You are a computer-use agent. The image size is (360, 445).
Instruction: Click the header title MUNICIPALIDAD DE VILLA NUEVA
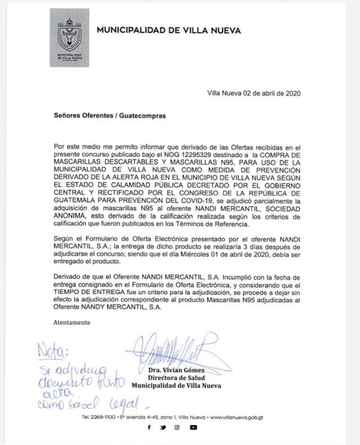(169, 30)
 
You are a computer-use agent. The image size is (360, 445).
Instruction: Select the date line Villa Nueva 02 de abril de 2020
(254, 93)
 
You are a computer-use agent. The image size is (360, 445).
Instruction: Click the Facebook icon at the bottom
(149, 428)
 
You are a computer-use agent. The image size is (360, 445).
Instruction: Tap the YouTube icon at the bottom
(193, 428)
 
